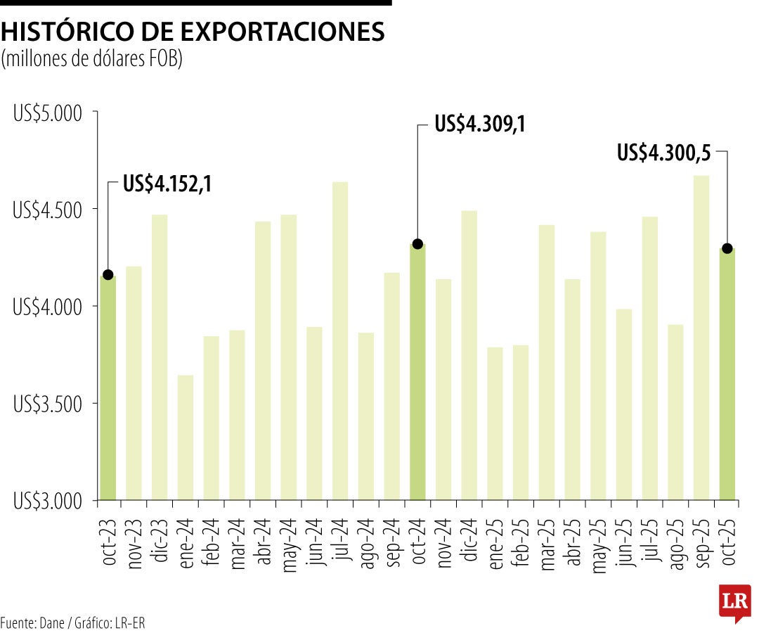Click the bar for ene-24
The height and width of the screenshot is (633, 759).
coord(186,437)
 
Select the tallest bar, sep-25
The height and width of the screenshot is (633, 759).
coord(701,338)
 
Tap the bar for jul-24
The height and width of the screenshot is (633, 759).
coord(340,340)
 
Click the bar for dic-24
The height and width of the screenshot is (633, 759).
coord(469,355)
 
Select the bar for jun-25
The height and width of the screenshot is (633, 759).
coord(624,404)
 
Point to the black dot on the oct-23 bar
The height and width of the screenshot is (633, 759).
coord(108,274)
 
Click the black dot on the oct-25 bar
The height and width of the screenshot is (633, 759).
coord(727,248)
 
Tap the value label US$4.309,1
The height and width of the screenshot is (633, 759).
coord(480,124)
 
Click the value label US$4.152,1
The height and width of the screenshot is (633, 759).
coord(167,184)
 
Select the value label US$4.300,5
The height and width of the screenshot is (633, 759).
coord(664,152)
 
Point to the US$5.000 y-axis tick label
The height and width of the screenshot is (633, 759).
coord(48,113)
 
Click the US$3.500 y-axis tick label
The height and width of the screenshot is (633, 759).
coord(48,404)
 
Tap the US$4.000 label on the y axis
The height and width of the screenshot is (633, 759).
coord(48,307)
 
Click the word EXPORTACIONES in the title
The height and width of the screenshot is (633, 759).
coord(283,32)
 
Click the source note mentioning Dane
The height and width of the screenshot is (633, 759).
coord(73,622)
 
